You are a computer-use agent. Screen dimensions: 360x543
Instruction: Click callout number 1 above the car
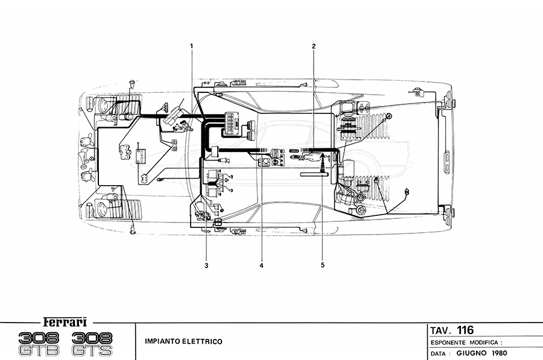click(191, 46)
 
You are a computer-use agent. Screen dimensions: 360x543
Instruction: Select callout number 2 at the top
click(314, 46)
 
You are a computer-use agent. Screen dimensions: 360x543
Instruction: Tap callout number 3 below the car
click(206, 265)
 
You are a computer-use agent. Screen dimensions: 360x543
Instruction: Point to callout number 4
click(262, 265)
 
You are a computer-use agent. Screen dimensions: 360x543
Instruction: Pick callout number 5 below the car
click(323, 265)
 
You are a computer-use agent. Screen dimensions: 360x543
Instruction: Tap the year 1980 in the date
click(495, 353)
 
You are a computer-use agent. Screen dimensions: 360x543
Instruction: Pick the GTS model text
click(92, 350)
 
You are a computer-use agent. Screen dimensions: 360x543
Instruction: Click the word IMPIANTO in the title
click(163, 342)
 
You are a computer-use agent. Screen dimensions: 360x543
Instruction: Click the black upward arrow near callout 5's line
click(323, 159)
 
